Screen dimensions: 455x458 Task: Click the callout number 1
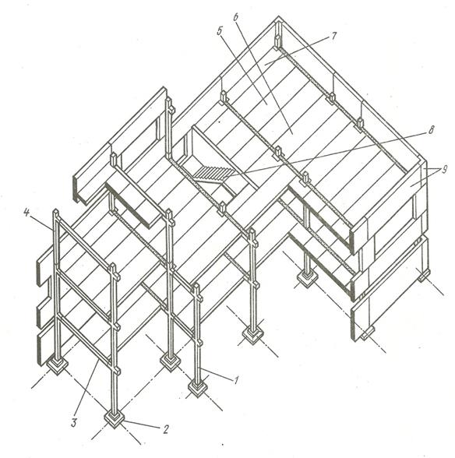click(236, 380)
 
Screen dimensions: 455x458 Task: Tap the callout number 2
click(166, 429)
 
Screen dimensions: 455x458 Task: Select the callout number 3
click(74, 423)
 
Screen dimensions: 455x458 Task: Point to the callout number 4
click(26, 213)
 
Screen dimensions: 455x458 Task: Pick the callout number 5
click(220, 31)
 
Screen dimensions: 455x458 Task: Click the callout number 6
click(236, 17)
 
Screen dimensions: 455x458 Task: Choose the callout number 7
click(333, 36)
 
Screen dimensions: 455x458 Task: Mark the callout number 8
click(430, 130)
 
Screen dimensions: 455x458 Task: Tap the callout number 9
click(444, 170)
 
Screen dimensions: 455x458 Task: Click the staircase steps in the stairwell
click(210, 173)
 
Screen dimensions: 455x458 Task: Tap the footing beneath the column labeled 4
click(58, 365)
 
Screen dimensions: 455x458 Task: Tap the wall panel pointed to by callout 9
click(389, 204)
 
